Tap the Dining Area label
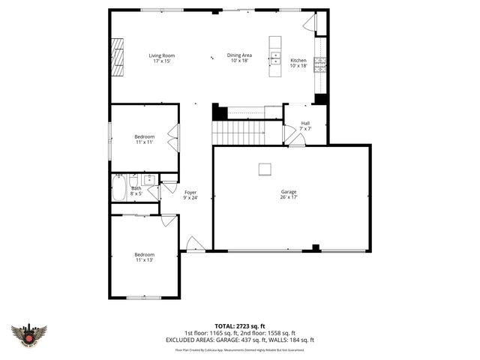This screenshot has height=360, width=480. click(240, 58)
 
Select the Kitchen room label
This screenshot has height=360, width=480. click(298, 63)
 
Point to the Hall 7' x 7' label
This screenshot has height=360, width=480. click(305, 125)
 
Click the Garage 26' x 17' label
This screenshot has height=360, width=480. click(289, 194)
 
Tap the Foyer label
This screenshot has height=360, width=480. click(190, 195)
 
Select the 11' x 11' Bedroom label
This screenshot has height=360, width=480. click(144, 139)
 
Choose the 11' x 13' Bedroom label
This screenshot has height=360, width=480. click(144, 257)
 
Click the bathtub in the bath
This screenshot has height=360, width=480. click(119, 188)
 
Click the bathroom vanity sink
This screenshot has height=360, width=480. click(150, 179)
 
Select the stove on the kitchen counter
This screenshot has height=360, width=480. click(320, 61)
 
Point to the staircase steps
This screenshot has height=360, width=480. click(236, 133)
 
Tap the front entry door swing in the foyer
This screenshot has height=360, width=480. click(195, 243)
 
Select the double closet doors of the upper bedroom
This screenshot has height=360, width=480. click(174, 138)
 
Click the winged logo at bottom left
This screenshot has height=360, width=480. click(29, 334)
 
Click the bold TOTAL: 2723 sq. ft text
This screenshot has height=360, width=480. click(240, 326)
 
